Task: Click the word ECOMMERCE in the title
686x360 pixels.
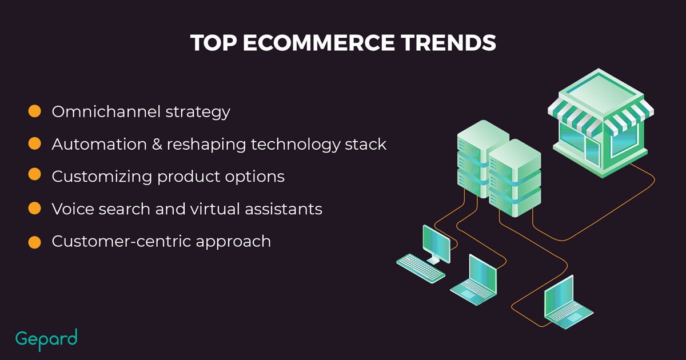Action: [x=318, y=42]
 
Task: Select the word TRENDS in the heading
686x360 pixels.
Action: [x=448, y=42]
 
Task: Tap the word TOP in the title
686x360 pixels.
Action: [x=213, y=42]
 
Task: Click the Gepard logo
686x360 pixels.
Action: [x=46, y=339]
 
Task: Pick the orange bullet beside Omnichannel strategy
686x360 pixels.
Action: [x=35, y=111]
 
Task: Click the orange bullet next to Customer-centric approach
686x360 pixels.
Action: [x=35, y=242]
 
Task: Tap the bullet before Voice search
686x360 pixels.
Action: [x=35, y=208]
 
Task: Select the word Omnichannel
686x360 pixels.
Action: [x=106, y=111]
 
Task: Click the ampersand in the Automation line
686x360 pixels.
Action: [x=157, y=144]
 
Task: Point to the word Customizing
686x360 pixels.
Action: [x=102, y=177]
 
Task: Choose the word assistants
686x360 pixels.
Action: [x=284, y=209]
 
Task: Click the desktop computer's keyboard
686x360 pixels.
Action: [x=421, y=268]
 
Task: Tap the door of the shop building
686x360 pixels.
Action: [x=593, y=152]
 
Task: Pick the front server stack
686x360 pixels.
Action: [x=515, y=178]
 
